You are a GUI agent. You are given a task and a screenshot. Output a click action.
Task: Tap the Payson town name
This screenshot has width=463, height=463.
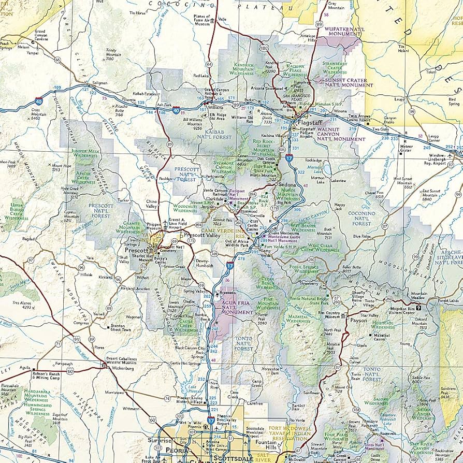[x=358, y=320]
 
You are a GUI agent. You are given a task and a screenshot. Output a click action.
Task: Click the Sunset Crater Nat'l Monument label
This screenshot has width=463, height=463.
[x=346, y=83]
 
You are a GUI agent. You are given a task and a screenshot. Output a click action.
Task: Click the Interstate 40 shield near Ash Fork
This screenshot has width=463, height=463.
[x=177, y=110]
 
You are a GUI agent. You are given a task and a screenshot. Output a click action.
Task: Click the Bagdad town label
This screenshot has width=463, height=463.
[x=29, y=239]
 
